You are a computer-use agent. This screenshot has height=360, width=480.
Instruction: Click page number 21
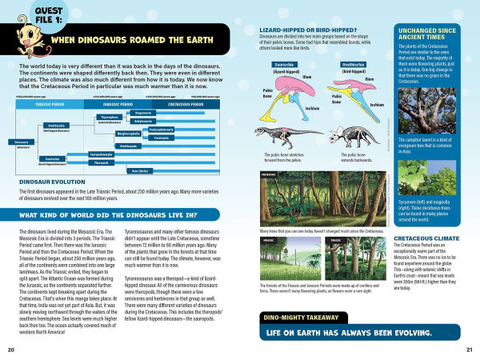tap(470, 350)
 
